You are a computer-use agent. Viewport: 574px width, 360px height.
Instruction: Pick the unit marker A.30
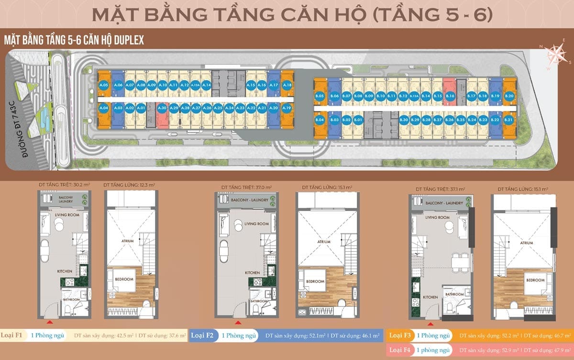pyautogui.click(x=162, y=109)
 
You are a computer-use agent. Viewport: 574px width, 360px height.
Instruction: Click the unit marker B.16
pyautogui.click(x=450, y=96)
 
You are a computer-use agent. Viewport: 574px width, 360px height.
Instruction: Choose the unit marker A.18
pyautogui.click(x=287, y=85)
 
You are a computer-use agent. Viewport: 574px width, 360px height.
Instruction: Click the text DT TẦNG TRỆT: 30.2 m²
pyautogui.click(x=63, y=184)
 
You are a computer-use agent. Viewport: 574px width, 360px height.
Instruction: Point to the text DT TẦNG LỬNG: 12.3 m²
pyautogui.click(x=129, y=184)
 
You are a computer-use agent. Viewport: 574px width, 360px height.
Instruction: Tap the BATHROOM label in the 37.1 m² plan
pyautogui.click(x=454, y=294)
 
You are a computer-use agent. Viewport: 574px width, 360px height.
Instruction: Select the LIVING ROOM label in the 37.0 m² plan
pyautogui.click(x=256, y=224)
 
